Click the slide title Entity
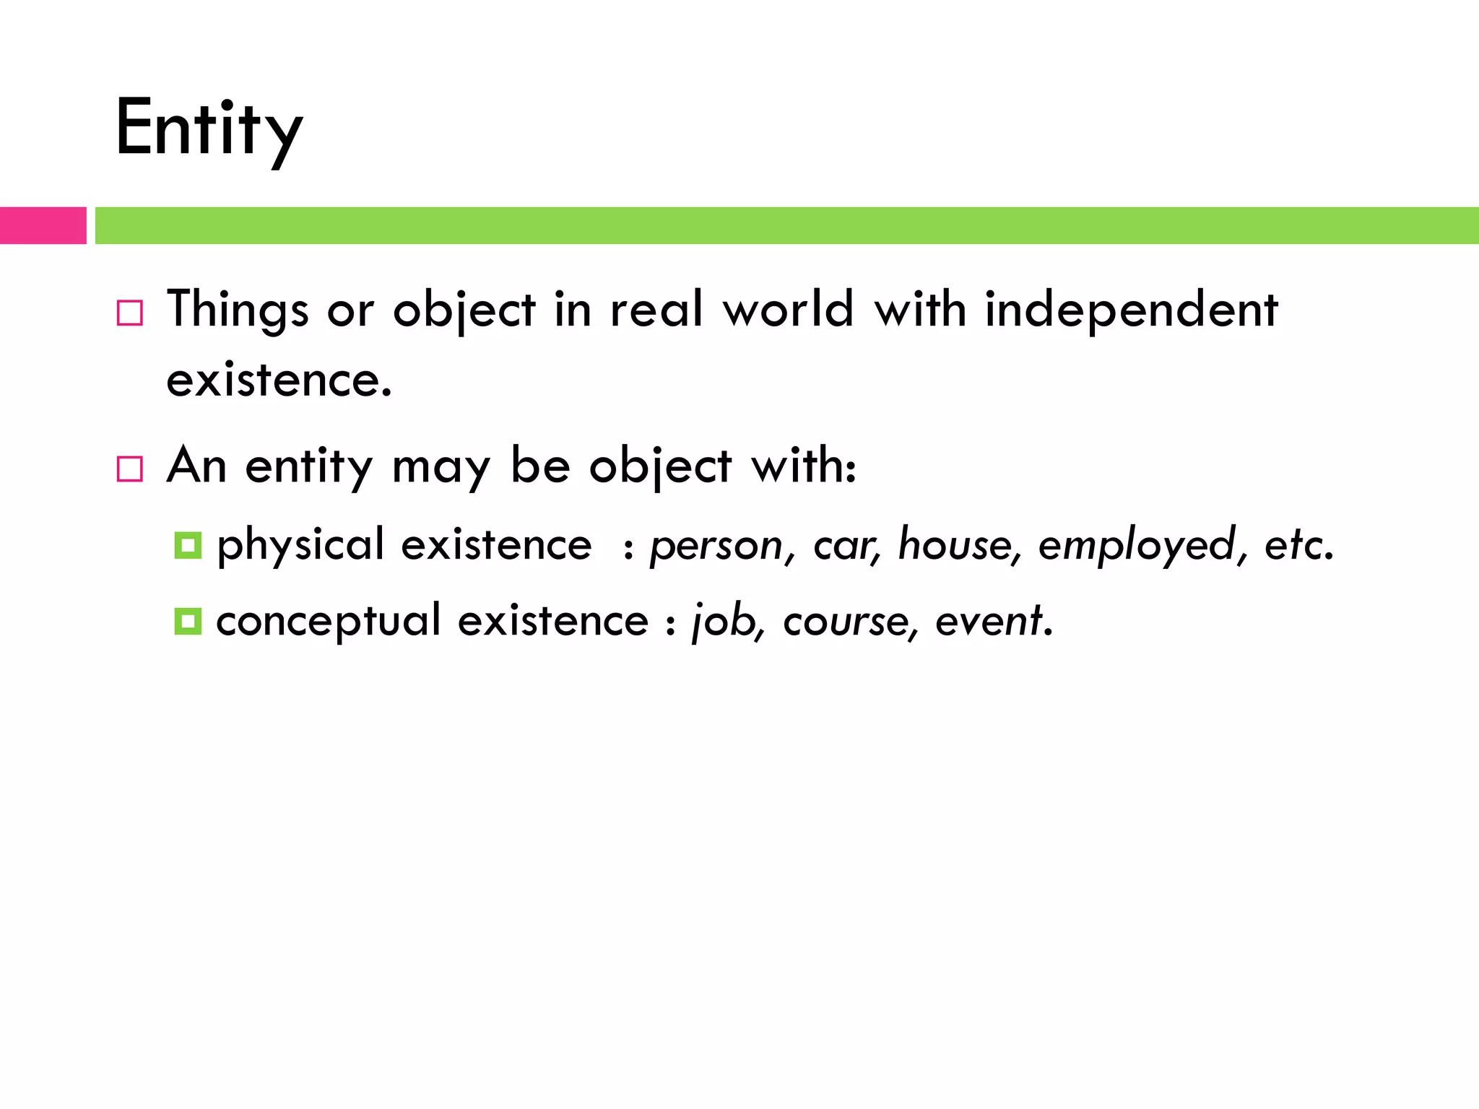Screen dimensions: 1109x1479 [209, 130]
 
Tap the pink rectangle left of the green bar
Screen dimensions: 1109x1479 [43, 225]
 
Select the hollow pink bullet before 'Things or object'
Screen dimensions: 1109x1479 [130, 313]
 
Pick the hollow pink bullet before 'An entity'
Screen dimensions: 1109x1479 [130, 469]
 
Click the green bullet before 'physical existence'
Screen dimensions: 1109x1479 [188, 545]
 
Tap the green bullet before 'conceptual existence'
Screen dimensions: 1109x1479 [188, 621]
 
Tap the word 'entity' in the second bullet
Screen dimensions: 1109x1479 [309, 466]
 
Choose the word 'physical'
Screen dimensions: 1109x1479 [300, 545]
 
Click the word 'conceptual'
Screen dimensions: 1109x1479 [329, 621]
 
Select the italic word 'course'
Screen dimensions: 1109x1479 [845, 622]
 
